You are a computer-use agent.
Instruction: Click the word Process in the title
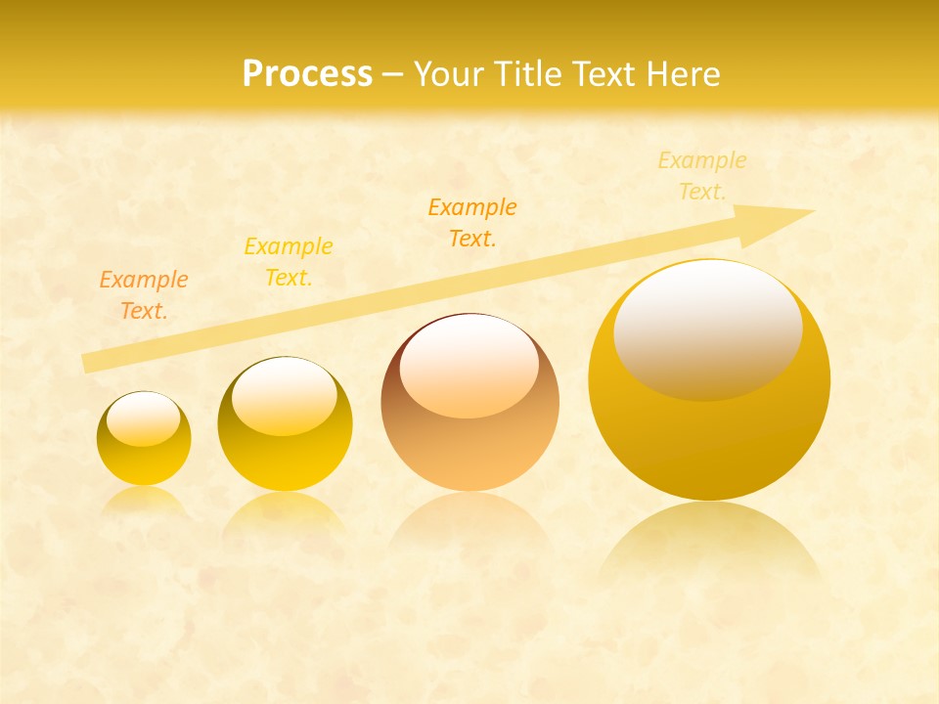(307, 74)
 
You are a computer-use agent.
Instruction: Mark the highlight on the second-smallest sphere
(285, 396)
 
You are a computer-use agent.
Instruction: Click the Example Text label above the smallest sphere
(144, 295)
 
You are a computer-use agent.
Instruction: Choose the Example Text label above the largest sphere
(702, 176)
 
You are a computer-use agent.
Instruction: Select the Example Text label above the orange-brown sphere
(472, 223)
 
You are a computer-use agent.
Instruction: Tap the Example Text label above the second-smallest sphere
(289, 262)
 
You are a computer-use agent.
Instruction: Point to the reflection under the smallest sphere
(144, 501)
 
